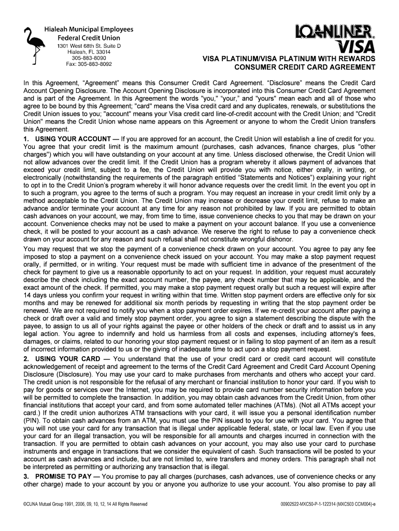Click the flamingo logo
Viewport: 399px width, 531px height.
tap(32, 46)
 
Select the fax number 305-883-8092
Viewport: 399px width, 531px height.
tap(89, 64)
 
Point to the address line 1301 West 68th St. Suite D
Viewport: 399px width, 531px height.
tap(89, 46)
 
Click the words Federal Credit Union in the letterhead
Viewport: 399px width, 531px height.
tap(89, 38)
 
